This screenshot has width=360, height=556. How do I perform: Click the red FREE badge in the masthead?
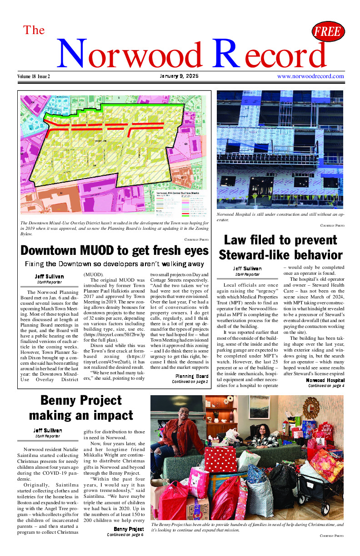328,32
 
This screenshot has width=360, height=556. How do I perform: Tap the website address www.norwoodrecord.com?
310,76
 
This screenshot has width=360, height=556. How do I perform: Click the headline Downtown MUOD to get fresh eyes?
115,250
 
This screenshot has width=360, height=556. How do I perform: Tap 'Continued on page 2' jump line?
190,382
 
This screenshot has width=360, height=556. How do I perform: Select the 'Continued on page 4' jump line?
326,386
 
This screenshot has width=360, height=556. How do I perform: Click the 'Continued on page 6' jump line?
125,535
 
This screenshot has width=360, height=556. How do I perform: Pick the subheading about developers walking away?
115,264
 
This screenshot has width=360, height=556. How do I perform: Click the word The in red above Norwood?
34,30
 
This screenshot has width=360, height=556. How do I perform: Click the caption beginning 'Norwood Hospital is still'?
279,217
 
